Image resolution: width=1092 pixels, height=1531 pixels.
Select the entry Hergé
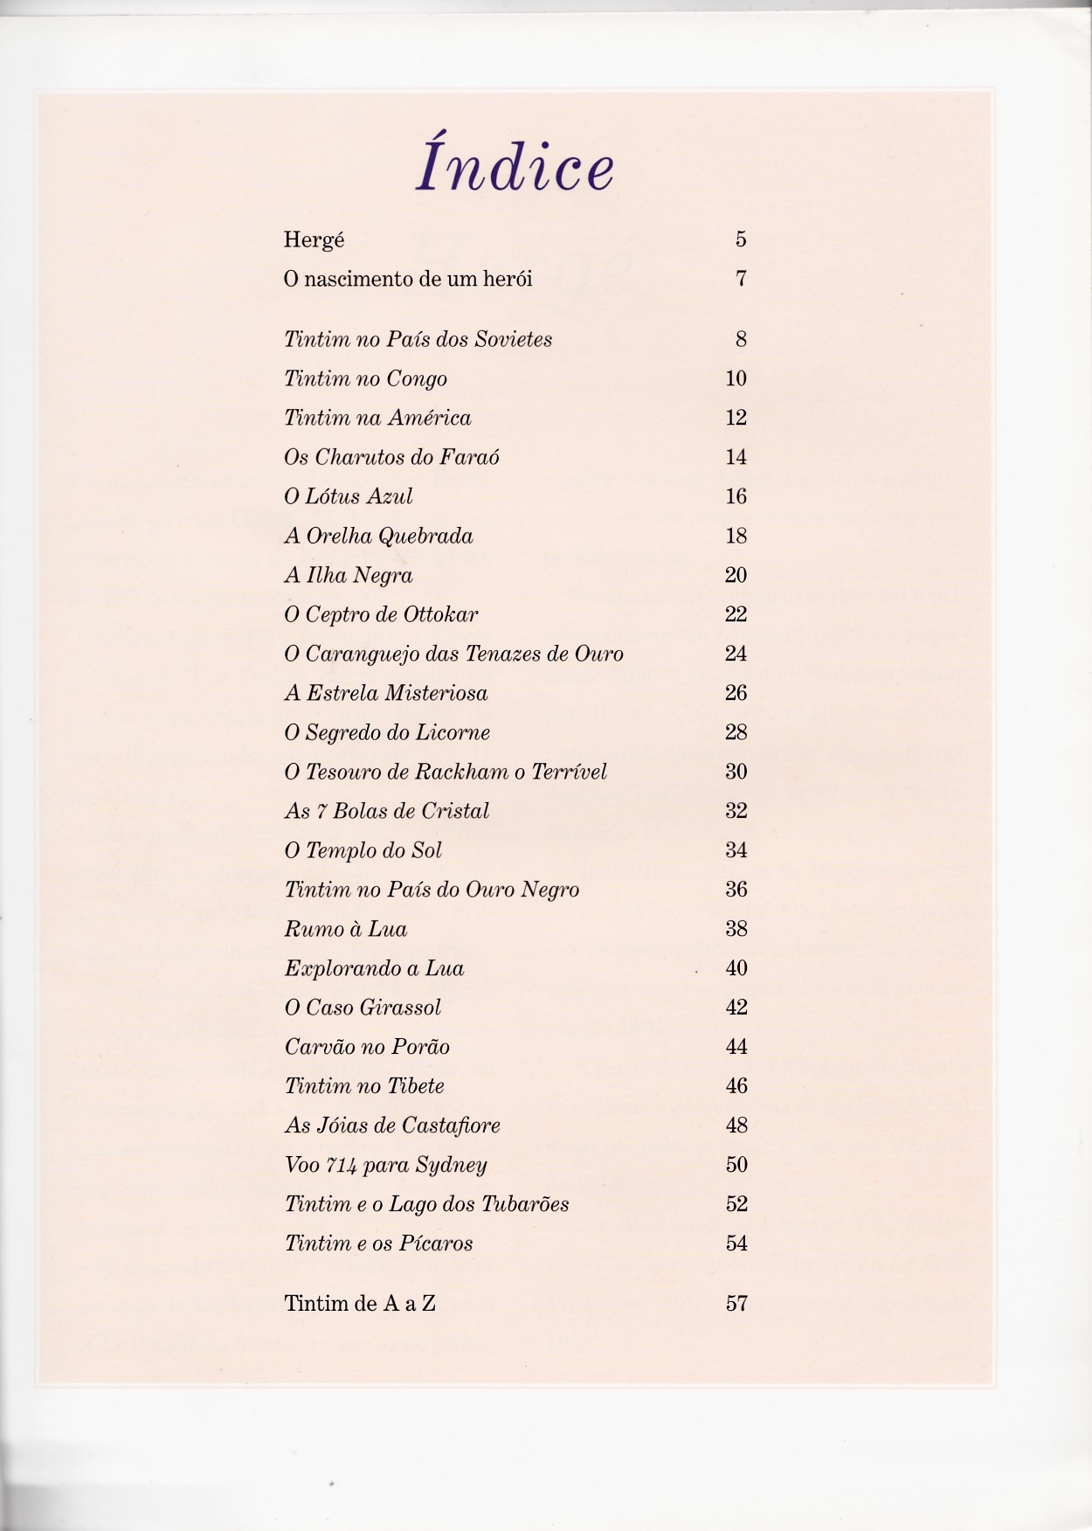(x=314, y=240)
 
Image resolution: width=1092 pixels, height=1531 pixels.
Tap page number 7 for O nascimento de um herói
(x=741, y=280)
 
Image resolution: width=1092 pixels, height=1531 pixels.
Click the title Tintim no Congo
(x=365, y=379)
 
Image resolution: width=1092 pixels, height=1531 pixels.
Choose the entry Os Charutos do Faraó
(x=391, y=458)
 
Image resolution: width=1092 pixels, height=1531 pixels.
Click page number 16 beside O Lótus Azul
(x=736, y=497)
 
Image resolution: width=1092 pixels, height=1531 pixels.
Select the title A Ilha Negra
(x=348, y=576)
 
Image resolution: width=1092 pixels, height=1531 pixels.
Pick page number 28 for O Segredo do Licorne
(x=736, y=733)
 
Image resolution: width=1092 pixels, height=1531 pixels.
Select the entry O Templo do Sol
(x=363, y=851)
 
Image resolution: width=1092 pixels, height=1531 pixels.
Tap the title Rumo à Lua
(x=345, y=930)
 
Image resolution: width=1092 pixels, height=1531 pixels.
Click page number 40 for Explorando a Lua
(x=736, y=969)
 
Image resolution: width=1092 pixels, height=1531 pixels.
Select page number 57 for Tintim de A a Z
(x=736, y=1305)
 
